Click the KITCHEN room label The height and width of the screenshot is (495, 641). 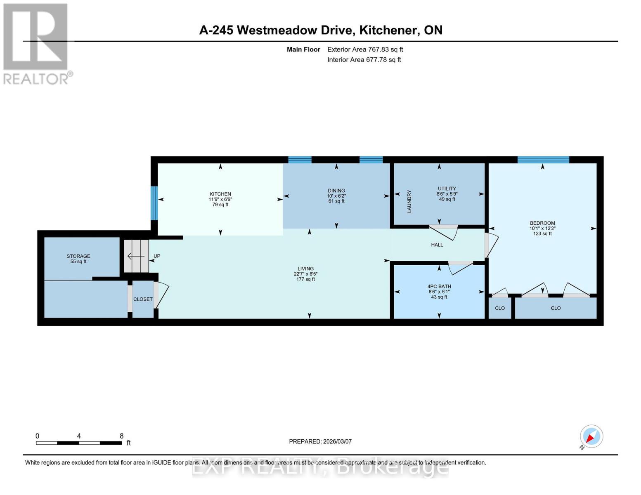tap(220, 194)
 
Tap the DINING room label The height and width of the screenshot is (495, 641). tap(336, 191)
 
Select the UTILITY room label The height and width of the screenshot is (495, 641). tap(447, 189)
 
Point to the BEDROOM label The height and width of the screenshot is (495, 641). tap(542, 223)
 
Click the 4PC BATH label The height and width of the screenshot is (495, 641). tap(439, 286)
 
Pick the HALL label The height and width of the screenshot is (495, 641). tap(437, 245)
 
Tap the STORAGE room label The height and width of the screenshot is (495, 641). tap(78, 256)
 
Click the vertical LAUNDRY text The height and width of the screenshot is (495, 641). tap(409, 201)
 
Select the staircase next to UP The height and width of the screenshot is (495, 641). tap(136, 256)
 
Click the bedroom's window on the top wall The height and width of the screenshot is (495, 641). tap(543, 160)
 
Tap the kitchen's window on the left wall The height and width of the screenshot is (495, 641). tap(154, 203)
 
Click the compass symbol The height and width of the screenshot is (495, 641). tap(591, 436)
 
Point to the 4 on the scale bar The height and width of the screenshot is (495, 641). tap(79, 436)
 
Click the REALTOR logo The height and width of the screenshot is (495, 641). tap(36, 43)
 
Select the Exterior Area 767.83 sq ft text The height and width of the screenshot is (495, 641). tap(365, 49)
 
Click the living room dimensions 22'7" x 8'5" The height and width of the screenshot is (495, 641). tap(305, 274)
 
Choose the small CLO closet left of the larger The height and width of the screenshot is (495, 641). tap(500, 308)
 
